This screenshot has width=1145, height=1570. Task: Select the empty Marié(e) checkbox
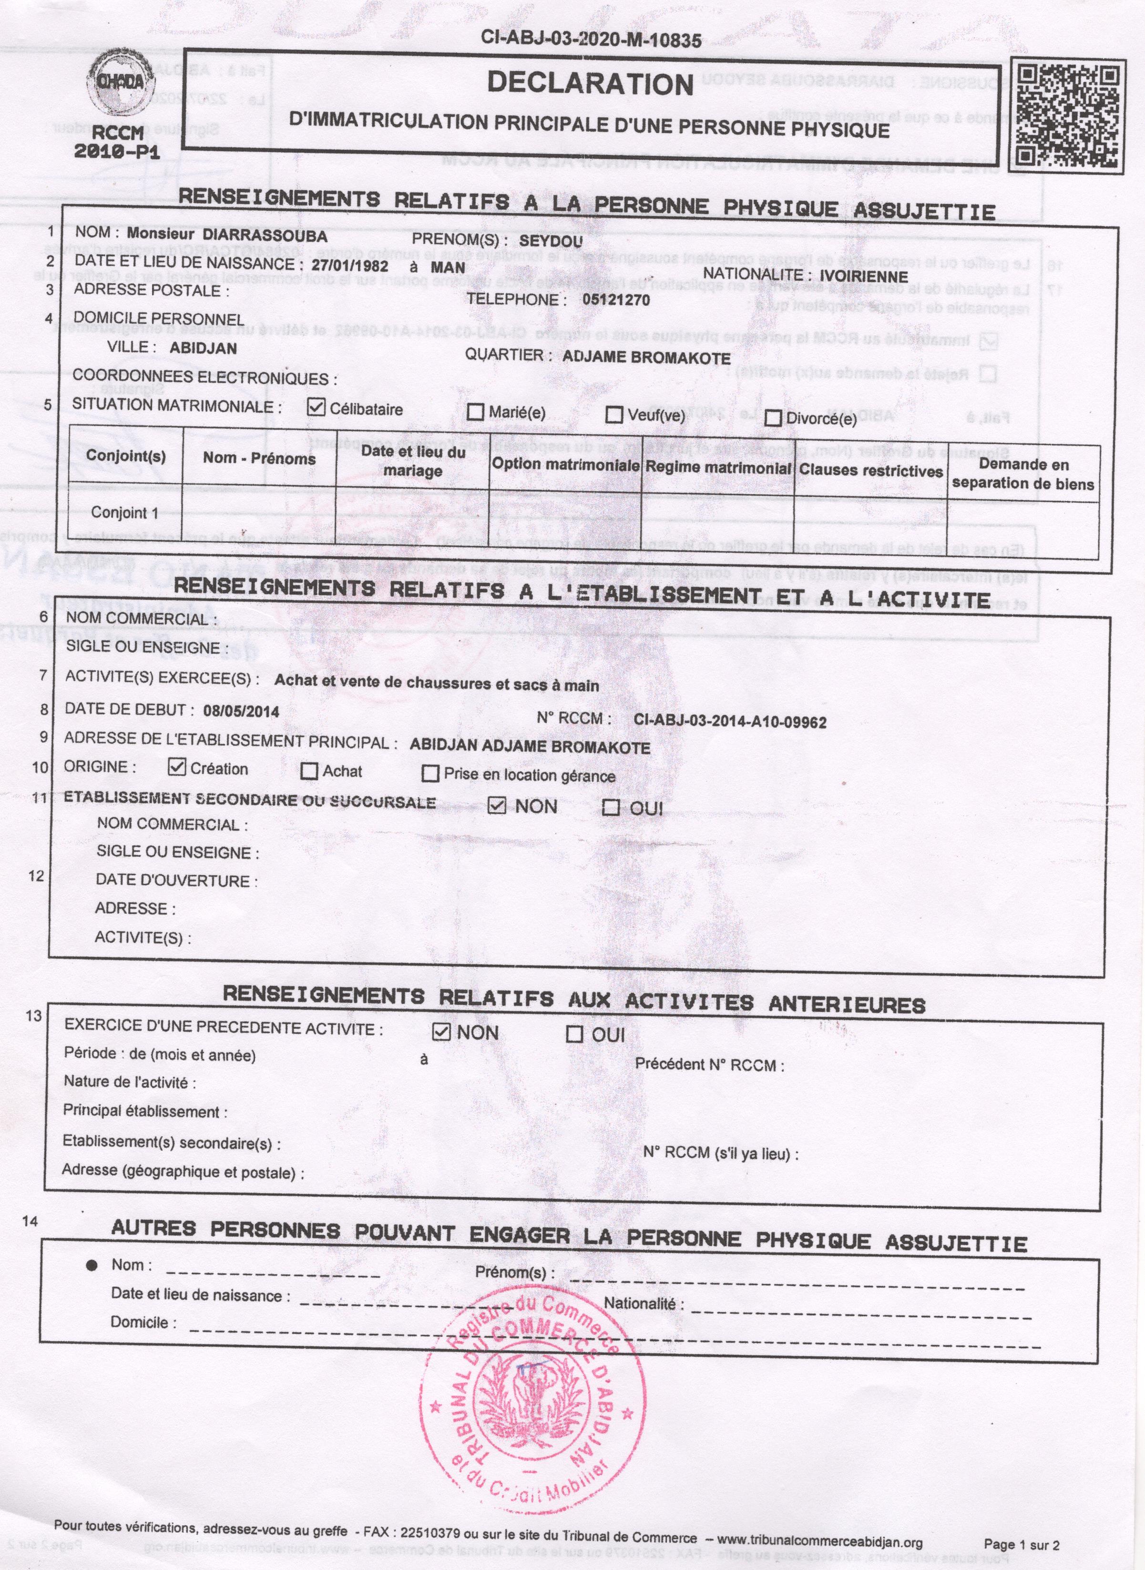click(x=475, y=412)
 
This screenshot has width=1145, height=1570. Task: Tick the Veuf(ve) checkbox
click(x=613, y=415)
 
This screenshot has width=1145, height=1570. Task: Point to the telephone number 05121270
click(x=615, y=300)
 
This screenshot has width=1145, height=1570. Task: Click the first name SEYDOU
click(x=551, y=241)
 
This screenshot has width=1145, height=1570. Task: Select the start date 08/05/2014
click(x=241, y=711)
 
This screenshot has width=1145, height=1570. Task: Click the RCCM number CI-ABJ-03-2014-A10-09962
click(x=730, y=722)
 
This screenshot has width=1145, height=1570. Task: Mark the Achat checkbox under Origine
click(x=309, y=770)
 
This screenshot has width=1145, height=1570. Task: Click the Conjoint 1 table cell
click(x=125, y=513)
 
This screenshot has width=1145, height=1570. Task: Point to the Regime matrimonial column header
click(x=717, y=468)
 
